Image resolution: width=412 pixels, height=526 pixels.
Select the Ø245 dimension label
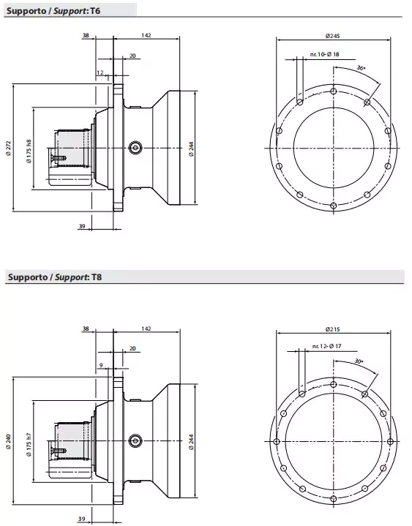click(333, 37)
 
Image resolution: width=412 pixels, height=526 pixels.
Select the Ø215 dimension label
click(334, 324)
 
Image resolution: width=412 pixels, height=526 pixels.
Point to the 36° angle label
click(360, 67)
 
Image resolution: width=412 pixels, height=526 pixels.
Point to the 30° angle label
click(358, 361)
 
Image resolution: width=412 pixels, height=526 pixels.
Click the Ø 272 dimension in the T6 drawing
click(8, 146)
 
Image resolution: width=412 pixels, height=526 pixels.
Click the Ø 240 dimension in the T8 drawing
click(8, 441)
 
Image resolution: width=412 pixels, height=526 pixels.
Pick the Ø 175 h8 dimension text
click(29, 150)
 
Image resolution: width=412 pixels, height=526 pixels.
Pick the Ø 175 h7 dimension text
click(29, 444)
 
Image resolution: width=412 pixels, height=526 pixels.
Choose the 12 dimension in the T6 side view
click(100, 72)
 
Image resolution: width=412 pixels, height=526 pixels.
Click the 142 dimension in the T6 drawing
click(146, 35)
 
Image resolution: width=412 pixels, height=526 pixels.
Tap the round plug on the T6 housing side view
click(134, 147)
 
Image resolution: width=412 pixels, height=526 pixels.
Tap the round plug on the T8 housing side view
click(134, 440)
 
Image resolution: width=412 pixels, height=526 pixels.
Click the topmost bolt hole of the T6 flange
click(333, 91)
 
